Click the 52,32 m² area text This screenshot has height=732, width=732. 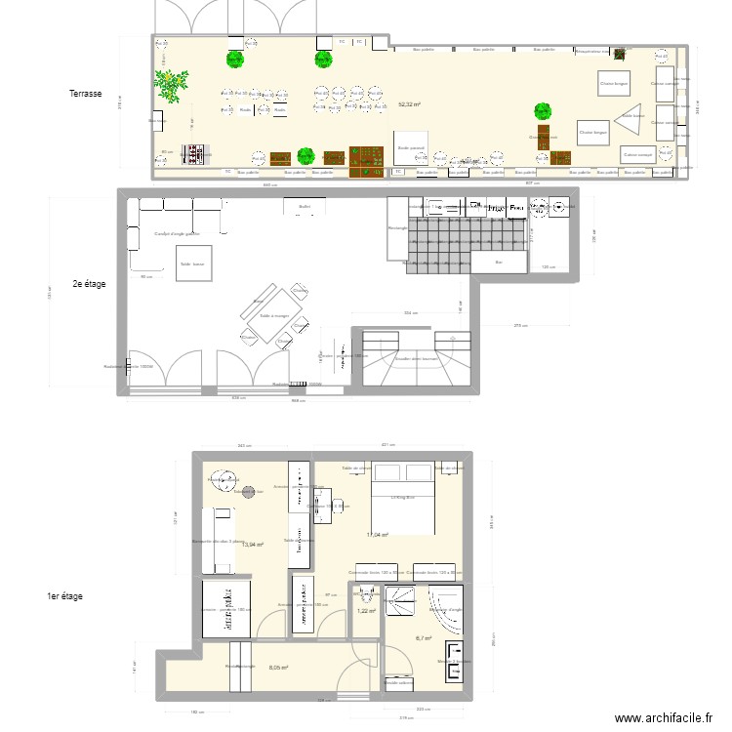[410, 104]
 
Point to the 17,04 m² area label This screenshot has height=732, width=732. [378, 535]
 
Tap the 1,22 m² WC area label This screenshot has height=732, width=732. [366, 611]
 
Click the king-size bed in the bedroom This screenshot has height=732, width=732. [396, 499]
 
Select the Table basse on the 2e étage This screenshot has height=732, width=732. [192, 264]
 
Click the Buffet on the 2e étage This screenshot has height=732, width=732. [304, 206]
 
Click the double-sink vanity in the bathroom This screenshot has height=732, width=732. [455, 661]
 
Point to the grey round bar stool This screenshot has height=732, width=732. [224, 478]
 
